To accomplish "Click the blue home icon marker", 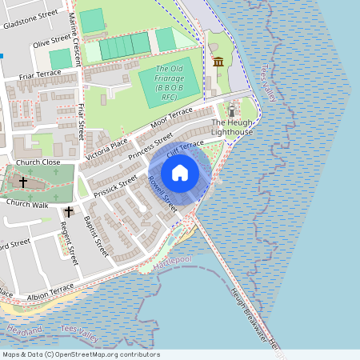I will click(179, 173).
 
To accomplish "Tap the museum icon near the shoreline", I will click(218, 62).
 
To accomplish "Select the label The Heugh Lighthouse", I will click(232, 126).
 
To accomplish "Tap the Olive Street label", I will click(51, 41).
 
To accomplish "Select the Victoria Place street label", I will click(106, 144).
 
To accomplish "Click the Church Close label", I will click(38, 162).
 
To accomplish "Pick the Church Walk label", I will click(28, 204).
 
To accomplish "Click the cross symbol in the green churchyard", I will click(23, 182).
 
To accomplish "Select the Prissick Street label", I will click(115, 189).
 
